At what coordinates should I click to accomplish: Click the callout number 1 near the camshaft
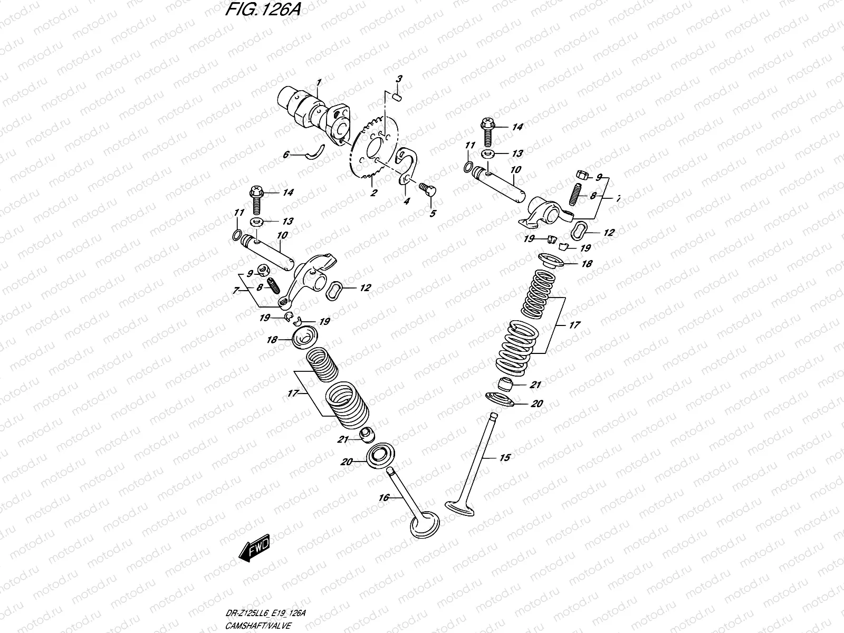(x=319, y=82)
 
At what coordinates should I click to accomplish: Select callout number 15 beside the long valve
(x=504, y=458)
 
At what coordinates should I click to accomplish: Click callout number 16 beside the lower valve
(x=383, y=497)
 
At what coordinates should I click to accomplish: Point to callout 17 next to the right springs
(x=574, y=325)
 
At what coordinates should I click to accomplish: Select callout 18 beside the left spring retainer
(x=272, y=340)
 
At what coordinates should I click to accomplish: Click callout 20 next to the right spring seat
(x=536, y=404)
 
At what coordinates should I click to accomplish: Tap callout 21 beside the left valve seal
(x=344, y=439)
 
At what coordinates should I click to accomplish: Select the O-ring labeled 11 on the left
(x=238, y=234)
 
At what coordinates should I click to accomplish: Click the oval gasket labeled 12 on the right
(x=579, y=231)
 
